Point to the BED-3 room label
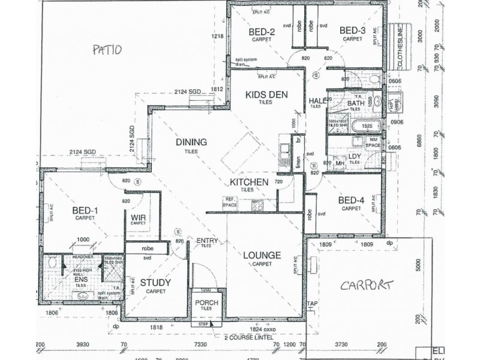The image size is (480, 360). click(x=352, y=31)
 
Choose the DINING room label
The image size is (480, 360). click(x=191, y=142)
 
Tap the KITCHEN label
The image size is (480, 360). click(x=248, y=181)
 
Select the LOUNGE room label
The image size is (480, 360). click(x=262, y=255)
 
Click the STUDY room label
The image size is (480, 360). click(x=155, y=282)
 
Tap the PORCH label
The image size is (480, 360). click(x=206, y=302)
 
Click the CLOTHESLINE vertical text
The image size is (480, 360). click(x=400, y=46)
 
